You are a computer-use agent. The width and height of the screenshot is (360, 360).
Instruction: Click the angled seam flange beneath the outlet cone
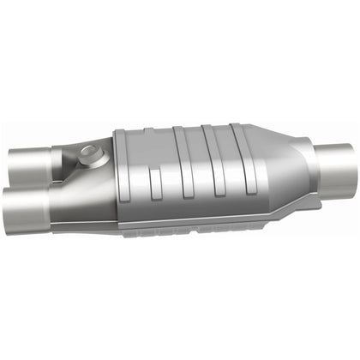pos(283,206)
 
